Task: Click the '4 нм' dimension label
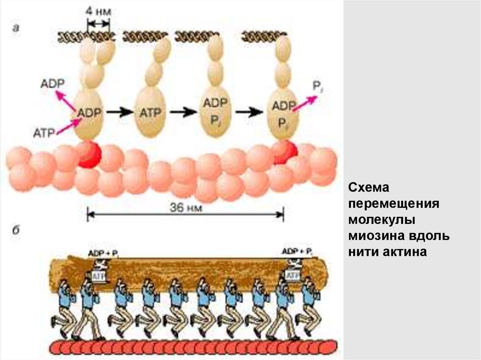pos(99,12)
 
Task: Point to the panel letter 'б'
pos(16,231)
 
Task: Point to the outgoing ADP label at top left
pos(53,84)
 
